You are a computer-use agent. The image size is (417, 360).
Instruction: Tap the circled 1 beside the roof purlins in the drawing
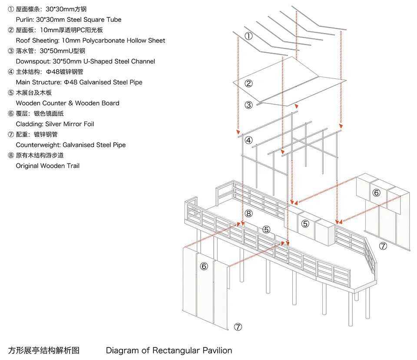pyautogui.click(x=248, y=36)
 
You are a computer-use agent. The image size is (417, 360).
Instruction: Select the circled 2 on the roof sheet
pyautogui.click(x=248, y=83)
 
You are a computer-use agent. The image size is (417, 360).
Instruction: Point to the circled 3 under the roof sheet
pyautogui.click(x=248, y=105)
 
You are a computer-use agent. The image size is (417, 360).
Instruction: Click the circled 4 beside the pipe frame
pyautogui.click(x=248, y=140)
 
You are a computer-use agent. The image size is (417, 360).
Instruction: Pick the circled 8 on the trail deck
pyautogui.click(x=248, y=213)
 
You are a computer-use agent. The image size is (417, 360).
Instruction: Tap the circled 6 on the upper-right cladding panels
pyautogui.click(x=376, y=193)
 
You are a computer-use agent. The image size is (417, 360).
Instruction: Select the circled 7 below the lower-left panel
pyautogui.click(x=238, y=327)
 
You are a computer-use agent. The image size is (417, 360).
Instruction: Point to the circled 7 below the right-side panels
pyautogui.click(x=383, y=246)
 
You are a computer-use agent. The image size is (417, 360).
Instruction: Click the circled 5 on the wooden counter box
pyautogui.click(x=305, y=223)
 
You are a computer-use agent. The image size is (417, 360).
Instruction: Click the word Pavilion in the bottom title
pyautogui.click(x=215, y=350)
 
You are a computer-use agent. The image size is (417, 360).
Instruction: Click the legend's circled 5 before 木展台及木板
pyautogui.click(x=11, y=93)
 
